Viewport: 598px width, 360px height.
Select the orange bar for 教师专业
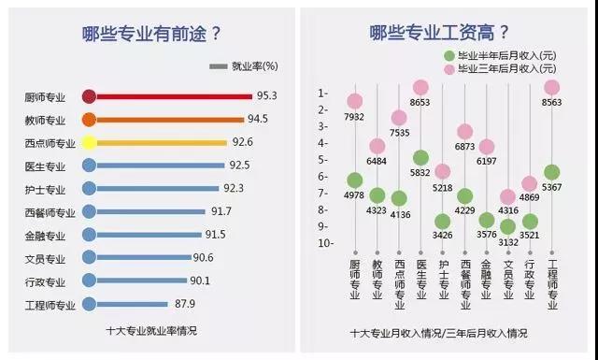[x=168, y=120]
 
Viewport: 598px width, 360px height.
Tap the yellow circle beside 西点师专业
[x=89, y=143]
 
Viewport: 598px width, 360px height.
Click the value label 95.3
[x=267, y=96]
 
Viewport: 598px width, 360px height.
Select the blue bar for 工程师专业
[x=140, y=303]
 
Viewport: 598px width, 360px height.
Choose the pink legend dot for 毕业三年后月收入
[x=449, y=69]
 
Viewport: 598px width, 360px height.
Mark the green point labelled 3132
[x=507, y=226]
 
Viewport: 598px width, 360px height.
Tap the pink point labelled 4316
[x=507, y=196]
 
